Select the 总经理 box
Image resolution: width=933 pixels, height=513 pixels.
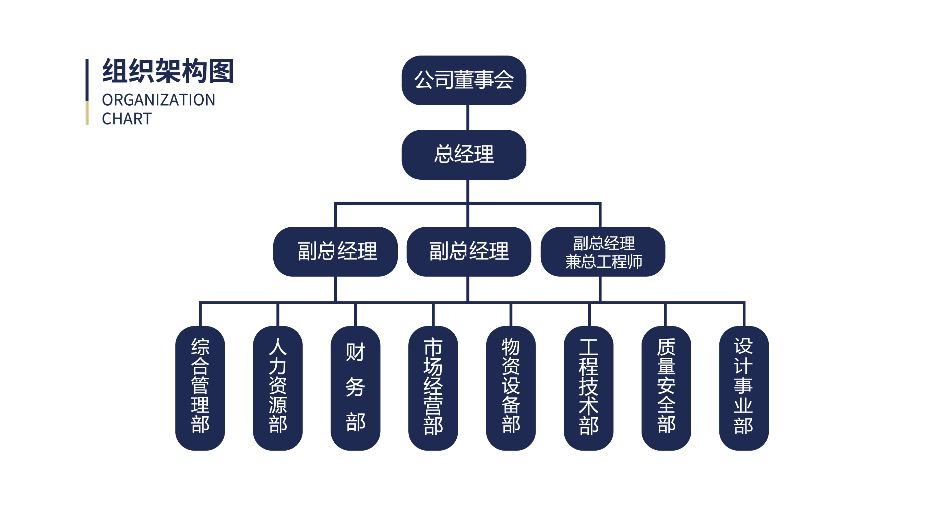click(464, 155)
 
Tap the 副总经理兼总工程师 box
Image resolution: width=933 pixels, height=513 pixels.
click(603, 252)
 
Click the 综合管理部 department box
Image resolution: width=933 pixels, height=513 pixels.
click(200, 388)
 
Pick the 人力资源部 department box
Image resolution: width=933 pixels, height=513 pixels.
click(278, 388)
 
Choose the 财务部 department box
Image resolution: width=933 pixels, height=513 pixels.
click(355, 388)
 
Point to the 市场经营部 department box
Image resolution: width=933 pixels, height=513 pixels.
click(433, 388)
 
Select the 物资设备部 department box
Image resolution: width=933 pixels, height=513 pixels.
click(511, 388)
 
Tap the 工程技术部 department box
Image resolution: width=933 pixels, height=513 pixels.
click(588, 388)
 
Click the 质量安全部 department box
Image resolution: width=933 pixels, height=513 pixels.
click(666, 388)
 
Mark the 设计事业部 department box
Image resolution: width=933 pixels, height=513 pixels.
click(744, 388)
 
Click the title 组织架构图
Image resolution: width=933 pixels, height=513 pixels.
click(168, 71)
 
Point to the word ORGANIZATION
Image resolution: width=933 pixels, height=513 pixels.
click(159, 100)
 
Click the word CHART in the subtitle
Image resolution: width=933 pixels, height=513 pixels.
click(127, 119)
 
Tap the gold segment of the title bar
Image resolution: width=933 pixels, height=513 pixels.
click(87, 113)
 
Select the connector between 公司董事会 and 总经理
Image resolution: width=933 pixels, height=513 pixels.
click(468, 118)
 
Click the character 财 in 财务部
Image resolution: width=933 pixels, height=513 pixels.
click(355, 352)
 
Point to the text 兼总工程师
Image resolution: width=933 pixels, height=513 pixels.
click(603, 262)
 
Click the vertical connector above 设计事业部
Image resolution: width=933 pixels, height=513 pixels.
click(744, 314)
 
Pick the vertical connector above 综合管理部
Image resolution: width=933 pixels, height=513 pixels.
click(200, 314)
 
